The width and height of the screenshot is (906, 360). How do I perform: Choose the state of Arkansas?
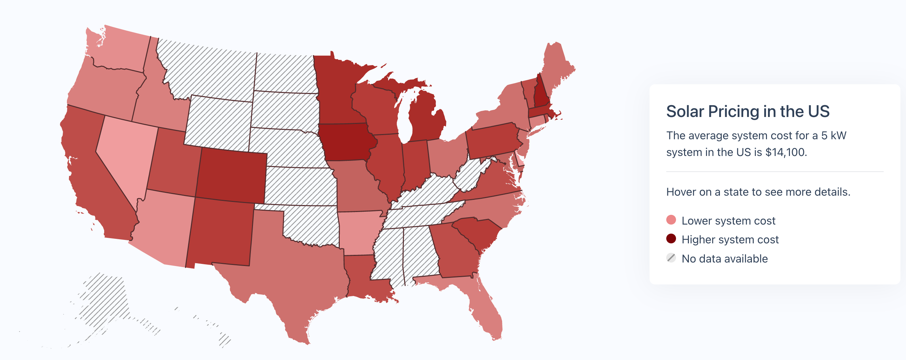(x=359, y=230)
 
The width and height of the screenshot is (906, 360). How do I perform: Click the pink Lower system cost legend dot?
(x=671, y=220)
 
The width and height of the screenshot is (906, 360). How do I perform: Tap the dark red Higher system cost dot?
(x=671, y=239)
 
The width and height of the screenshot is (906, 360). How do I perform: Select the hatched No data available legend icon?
(x=671, y=258)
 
